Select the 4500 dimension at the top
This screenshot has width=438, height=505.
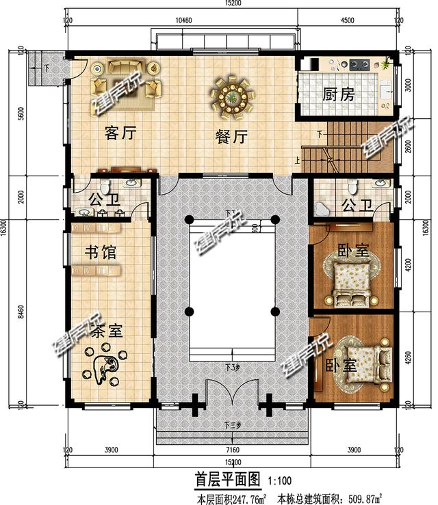(347, 20)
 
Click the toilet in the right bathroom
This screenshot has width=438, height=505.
(352, 186)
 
